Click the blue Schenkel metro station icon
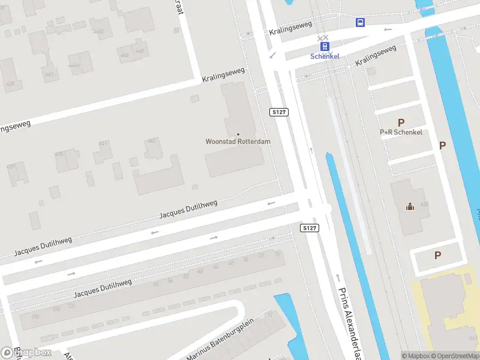(325, 46)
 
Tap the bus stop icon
(360, 23)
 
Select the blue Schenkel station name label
(325, 56)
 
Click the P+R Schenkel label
(401, 132)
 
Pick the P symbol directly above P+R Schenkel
(401, 122)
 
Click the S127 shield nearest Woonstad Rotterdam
(279, 112)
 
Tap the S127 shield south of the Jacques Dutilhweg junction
(309, 228)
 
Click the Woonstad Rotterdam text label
(238, 142)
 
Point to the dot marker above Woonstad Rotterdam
(238, 134)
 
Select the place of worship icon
(410, 207)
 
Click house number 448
(140, 51)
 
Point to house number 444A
(74, 65)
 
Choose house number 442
(49, 74)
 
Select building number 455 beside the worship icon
(425, 205)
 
